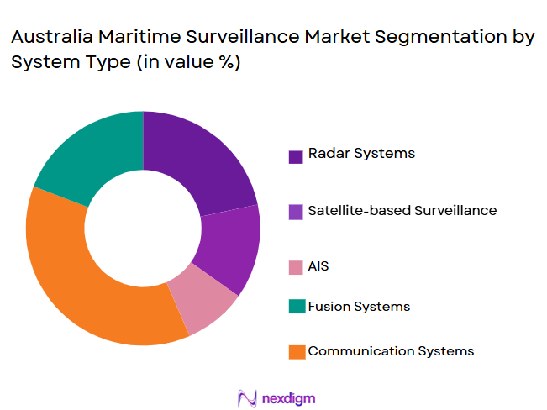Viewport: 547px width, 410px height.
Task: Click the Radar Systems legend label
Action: click(361, 154)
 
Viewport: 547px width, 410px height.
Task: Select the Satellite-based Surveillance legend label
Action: click(402, 210)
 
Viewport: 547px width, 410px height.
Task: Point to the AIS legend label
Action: click(318, 266)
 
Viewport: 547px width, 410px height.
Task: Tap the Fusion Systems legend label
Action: click(359, 307)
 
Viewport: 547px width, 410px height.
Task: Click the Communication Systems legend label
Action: click(391, 351)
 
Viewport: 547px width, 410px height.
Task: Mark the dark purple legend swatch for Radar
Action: click(296, 156)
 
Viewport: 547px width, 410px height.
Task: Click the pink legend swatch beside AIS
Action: click(296, 267)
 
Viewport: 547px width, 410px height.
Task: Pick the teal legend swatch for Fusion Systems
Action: click(296, 307)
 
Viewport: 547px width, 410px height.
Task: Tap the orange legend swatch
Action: click(296, 352)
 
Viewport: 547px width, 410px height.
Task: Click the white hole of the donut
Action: click(143, 228)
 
